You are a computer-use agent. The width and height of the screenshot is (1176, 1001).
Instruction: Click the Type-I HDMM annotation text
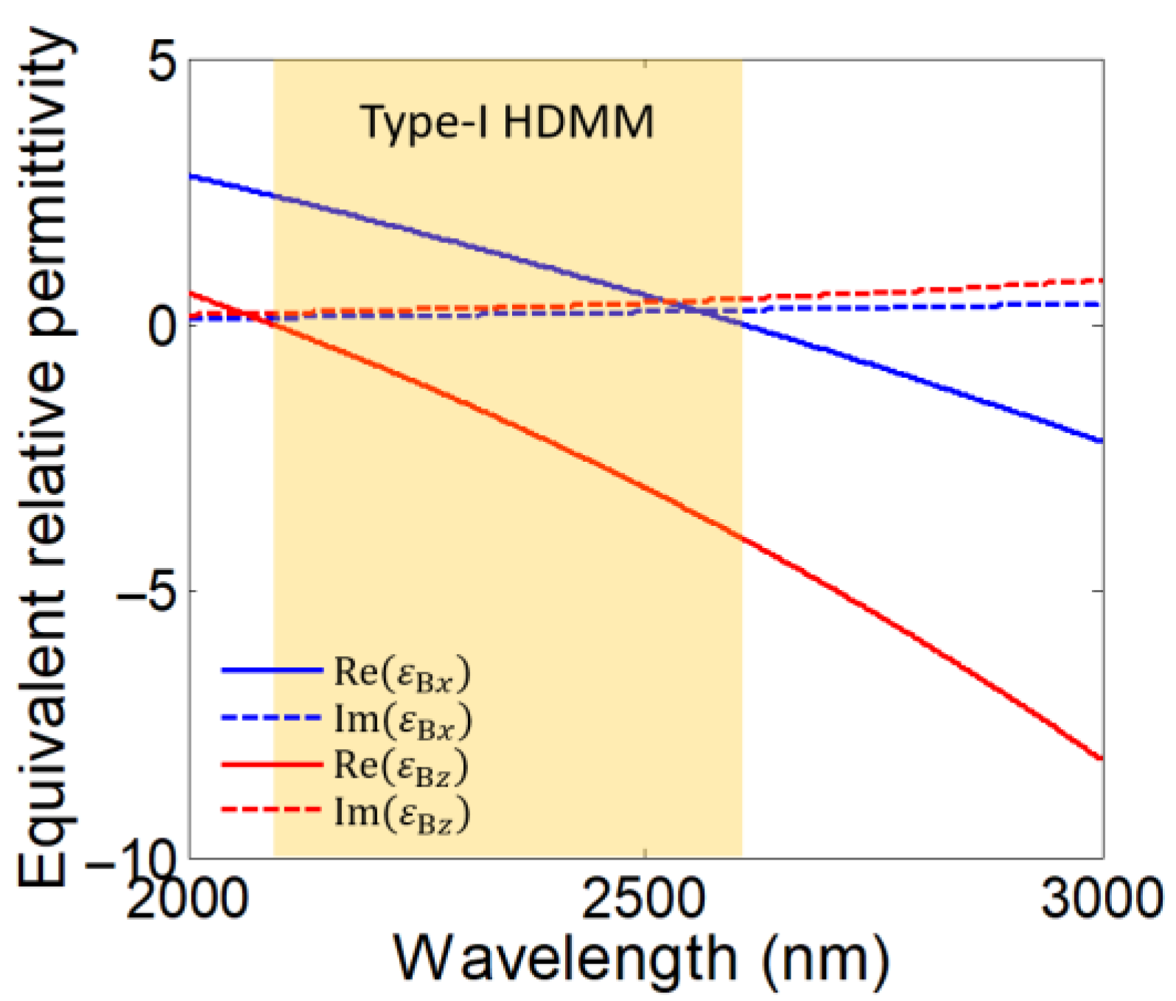point(507,122)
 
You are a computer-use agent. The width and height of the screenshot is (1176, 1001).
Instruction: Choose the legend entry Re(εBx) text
point(402,672)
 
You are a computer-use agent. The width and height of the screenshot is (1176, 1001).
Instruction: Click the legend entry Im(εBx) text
point(402,719)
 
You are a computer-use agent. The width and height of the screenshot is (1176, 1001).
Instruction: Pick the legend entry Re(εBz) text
point(402,766)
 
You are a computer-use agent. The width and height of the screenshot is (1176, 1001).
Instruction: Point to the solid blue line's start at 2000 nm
point(191,175)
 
